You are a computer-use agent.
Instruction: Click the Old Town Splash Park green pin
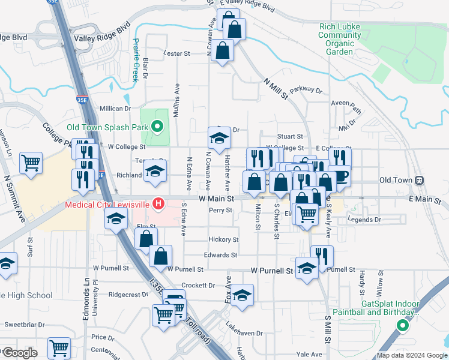click(x=157, y=127)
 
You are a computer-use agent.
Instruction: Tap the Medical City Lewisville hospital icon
click(x=158, y=204)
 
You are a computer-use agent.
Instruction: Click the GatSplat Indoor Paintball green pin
click(x=403, y=326)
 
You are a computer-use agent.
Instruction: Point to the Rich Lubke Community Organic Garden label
click(x=340, y=39)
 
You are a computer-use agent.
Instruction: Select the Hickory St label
click(x=224, y=239)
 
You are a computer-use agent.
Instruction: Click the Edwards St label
click(x=217, y=255)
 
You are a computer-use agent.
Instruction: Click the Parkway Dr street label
click(x=306, y=91)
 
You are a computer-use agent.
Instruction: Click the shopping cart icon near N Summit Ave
click(x=31, y=162)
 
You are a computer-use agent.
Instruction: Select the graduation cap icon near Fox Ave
click(x=242, y=295)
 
